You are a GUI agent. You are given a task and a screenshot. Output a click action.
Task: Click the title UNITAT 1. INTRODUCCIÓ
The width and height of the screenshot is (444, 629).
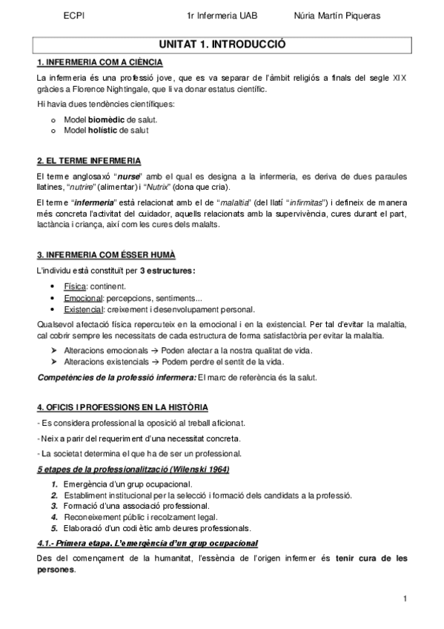pyautogui.click(x=222, y=45)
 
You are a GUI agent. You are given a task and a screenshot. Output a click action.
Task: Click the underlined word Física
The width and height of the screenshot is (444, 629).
pyautogui.click(x=75, y=286)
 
